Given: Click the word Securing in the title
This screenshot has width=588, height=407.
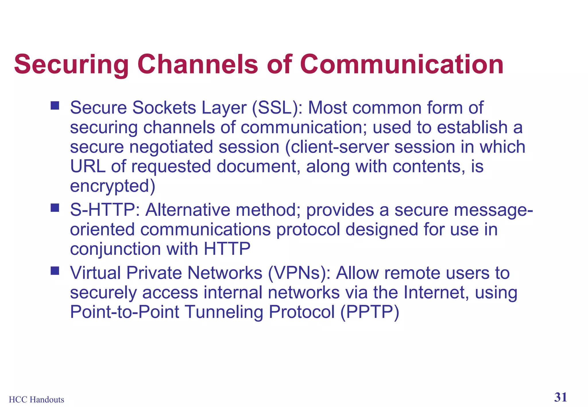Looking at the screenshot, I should point(71,64).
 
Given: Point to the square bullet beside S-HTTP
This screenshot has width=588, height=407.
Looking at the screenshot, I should point(55,208).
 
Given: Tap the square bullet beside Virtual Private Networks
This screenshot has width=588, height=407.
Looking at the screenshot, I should point(55,270).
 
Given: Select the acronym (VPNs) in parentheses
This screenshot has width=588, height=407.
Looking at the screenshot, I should point(299,273).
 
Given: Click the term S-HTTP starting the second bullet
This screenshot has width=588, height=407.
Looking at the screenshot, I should point(105,210).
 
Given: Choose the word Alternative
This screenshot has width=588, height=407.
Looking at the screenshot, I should point(187,210).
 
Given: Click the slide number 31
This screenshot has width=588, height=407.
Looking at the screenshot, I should point(560,397).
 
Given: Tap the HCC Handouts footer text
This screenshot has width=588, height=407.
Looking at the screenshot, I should point(36,400).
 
